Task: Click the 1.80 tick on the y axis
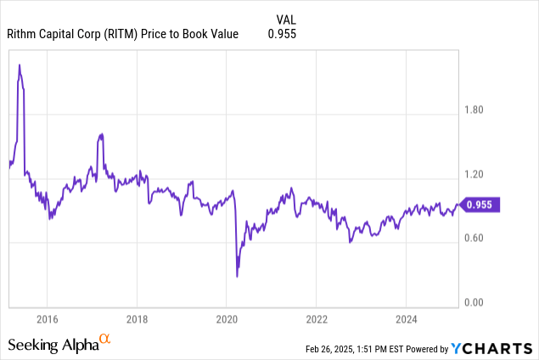tap(476, 110)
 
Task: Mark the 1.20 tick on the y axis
tap(476, 174)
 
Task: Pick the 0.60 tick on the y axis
tap(476, 239)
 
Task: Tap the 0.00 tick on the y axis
tap(476, 302)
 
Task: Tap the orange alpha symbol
tap(105, 339)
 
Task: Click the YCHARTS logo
tap(492, 347)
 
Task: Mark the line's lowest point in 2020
tap(237, 276)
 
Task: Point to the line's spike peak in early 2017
tap(101, 134)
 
